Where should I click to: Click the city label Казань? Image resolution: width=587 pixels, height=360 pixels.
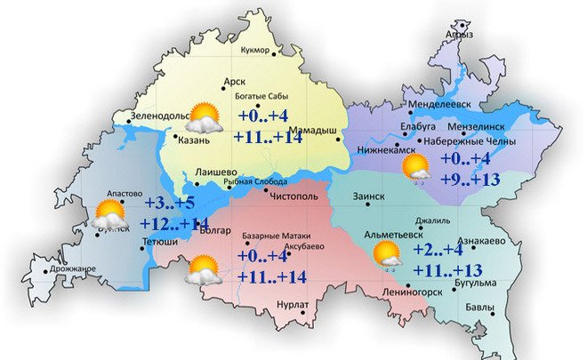coord(194,140)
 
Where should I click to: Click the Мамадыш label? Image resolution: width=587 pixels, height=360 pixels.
coord(315,132)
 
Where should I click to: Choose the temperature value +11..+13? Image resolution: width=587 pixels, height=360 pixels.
coord(448,270)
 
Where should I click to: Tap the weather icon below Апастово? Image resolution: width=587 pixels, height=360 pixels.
coord(109,214)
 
